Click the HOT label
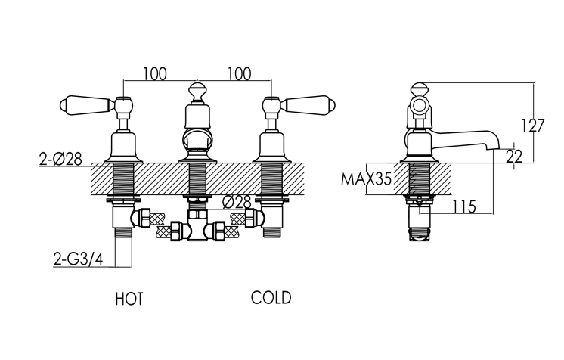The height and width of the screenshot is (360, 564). (x=129, y=299)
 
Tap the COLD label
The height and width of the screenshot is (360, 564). (x=271, y=298)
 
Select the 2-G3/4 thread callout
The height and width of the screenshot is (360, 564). (x=78, y=259)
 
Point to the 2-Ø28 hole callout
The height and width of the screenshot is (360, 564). (x=60, y=159)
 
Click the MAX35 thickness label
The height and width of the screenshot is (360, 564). (x=366, y=178)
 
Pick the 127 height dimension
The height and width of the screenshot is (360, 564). (x=533, y=126)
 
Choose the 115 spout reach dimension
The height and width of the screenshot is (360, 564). (x=463, y=206)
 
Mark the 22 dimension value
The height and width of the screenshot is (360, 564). (x=513, y=157)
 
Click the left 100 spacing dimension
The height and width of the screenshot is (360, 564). (x=155, y=73)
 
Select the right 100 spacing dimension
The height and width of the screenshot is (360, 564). (x=239, y=73)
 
